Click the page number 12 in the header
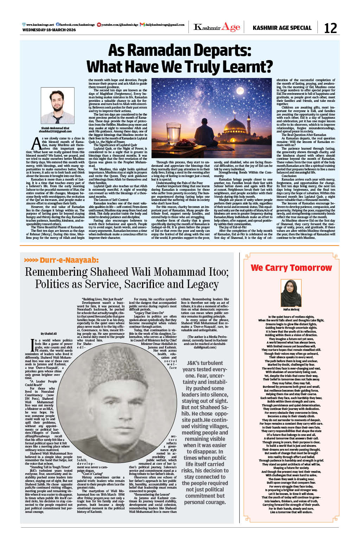tap(330, 28)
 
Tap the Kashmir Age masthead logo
tap(217, 27)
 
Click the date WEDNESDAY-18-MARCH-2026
tap(49, 30)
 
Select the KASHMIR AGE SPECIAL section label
tap(282, 28)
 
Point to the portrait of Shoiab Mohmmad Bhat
tap(57, 105)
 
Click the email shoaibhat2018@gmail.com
tap(55, 131)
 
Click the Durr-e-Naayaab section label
tap(69, 260)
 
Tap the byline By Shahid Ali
tap(49, 334)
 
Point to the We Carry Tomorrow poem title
tap(291, 268)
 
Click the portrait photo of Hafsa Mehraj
tap(291, 293)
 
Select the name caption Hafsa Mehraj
tap(291, 309)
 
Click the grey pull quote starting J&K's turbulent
tap(205, 432)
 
